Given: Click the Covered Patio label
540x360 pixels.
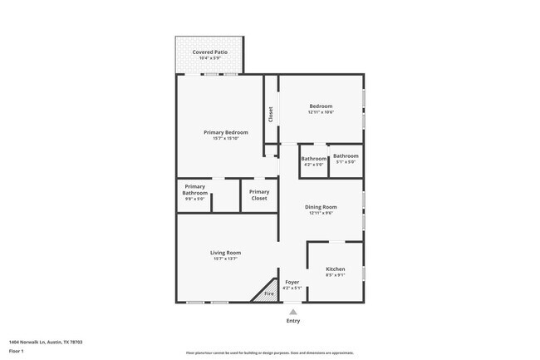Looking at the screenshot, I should click(x=209, y=52).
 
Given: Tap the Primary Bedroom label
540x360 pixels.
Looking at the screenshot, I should click(x=226, y=132).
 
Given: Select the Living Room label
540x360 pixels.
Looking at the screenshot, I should click(x=225, y=253).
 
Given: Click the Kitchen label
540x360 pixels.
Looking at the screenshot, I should click(x=335, y=269).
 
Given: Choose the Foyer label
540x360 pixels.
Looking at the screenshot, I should click(x=292, y=282).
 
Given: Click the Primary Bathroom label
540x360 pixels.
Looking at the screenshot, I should click(x=194, y=190).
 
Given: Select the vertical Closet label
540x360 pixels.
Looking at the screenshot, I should click(x=270, y=115).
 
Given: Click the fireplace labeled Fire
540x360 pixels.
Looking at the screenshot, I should click(x=268, y=293).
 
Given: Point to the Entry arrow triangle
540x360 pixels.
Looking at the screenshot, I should click(x=292, y=312).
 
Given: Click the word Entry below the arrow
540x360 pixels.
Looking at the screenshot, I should click(x=292, y=321).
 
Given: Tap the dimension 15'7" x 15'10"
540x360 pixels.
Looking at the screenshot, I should click(x=226, y=138).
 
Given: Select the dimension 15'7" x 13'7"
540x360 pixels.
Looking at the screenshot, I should click(x=225, y=259).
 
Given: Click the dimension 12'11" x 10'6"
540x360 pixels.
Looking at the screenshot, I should click(x=321, y=112).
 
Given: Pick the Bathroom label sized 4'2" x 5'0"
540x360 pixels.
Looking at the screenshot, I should click(x=313, y=159).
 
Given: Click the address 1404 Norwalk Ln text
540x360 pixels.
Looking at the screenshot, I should click(x=45, y=342).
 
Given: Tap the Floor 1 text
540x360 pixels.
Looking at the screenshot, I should click(x=17, y=351).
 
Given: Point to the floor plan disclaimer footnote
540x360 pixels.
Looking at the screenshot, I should click(x=269, y=353).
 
